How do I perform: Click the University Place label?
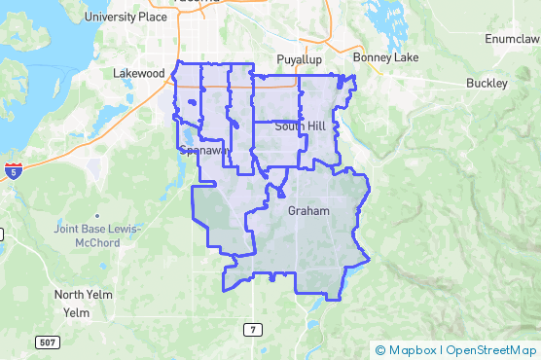pos(126,17)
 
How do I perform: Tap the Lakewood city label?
pos(139,73)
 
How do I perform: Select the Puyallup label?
pos(299,58)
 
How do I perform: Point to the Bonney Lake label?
pos(386,57)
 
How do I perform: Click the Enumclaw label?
pos(512,39)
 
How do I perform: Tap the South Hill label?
pos(301,126)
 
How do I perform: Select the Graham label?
pos(309,210)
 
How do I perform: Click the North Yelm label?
pos(84,295)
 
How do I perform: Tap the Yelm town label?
pos(76,312)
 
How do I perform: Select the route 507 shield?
pos(47,342)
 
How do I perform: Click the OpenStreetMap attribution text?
pos(491,350)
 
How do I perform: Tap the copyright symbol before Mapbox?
pos(379,350)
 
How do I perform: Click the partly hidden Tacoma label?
pos(193,3)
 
